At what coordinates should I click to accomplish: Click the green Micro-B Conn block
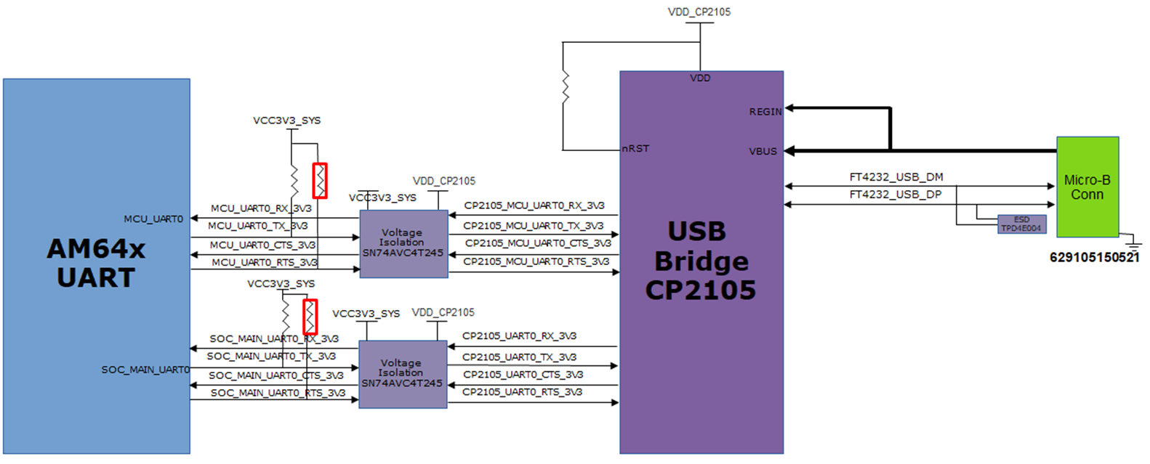click(x=1087, y=187)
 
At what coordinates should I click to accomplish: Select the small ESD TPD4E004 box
click(x=1021, y=224)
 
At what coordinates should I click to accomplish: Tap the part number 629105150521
click(x=1094, y=257)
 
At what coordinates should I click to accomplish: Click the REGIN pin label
click(x=765, y=112)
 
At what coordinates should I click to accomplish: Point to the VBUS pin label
click(x=763, y=151)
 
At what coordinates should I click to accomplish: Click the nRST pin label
click(x=635, y=148)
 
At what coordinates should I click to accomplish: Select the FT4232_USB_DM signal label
click(x=896, y=177)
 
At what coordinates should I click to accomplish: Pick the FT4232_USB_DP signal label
click(x=896, y=195)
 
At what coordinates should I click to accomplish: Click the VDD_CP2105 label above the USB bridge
click(x=699, y=12)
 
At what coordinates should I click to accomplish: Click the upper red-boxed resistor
click(x=320, y=181)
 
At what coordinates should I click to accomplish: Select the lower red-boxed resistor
click(x=310, y=317)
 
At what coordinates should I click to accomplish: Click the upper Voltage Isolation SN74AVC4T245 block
click(x=403, y=243)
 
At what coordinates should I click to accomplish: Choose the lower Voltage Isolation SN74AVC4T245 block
click(x=402, y=373)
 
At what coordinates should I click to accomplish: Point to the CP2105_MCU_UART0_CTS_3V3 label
click(x=538, y=243)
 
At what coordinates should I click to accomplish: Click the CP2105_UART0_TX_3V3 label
click(x=519, y=357)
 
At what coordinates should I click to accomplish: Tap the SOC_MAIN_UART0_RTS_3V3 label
click(x=278, y=393)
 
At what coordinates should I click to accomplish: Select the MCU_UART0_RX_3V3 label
click(x=261, y=208)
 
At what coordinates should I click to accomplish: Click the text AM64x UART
click(x=96, y=263)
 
